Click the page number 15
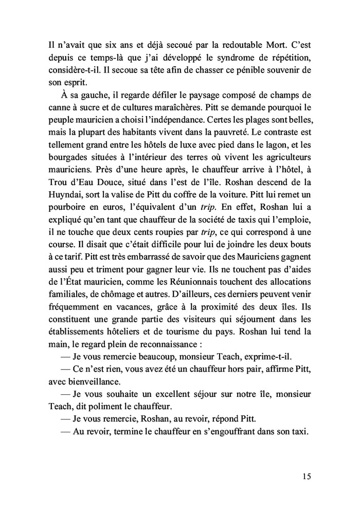pos(307,476)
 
